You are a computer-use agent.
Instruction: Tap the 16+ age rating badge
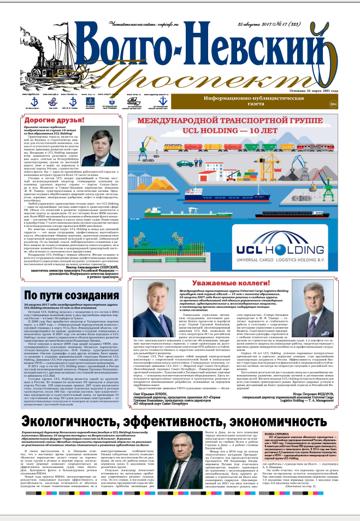click(347, 103)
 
